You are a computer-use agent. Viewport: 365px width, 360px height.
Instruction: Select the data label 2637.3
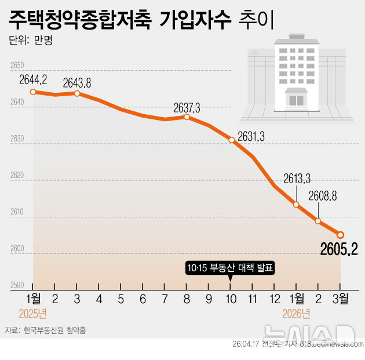point(187,107)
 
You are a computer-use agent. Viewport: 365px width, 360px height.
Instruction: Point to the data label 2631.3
point(251,136)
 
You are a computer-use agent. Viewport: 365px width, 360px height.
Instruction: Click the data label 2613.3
point(297,179)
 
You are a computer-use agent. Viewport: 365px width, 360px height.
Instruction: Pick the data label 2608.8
point(323,196)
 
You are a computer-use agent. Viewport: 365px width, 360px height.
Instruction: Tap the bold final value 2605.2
point(339,249)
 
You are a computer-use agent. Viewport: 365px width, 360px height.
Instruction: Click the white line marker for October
point(231,140)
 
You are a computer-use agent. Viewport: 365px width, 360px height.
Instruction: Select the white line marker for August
point(187,117)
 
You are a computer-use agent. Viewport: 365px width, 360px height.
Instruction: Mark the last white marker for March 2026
point(341,235)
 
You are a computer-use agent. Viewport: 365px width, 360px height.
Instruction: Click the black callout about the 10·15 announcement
point(230,268)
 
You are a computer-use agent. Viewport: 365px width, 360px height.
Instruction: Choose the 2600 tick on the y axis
point(17,249)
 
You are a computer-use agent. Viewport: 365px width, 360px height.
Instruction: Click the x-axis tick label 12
point(275,299)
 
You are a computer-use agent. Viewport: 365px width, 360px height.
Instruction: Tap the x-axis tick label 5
point(121,299)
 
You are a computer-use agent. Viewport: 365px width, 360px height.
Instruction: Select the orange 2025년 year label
point(32,314)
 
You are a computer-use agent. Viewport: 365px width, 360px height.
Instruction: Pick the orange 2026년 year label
point(296,314)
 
